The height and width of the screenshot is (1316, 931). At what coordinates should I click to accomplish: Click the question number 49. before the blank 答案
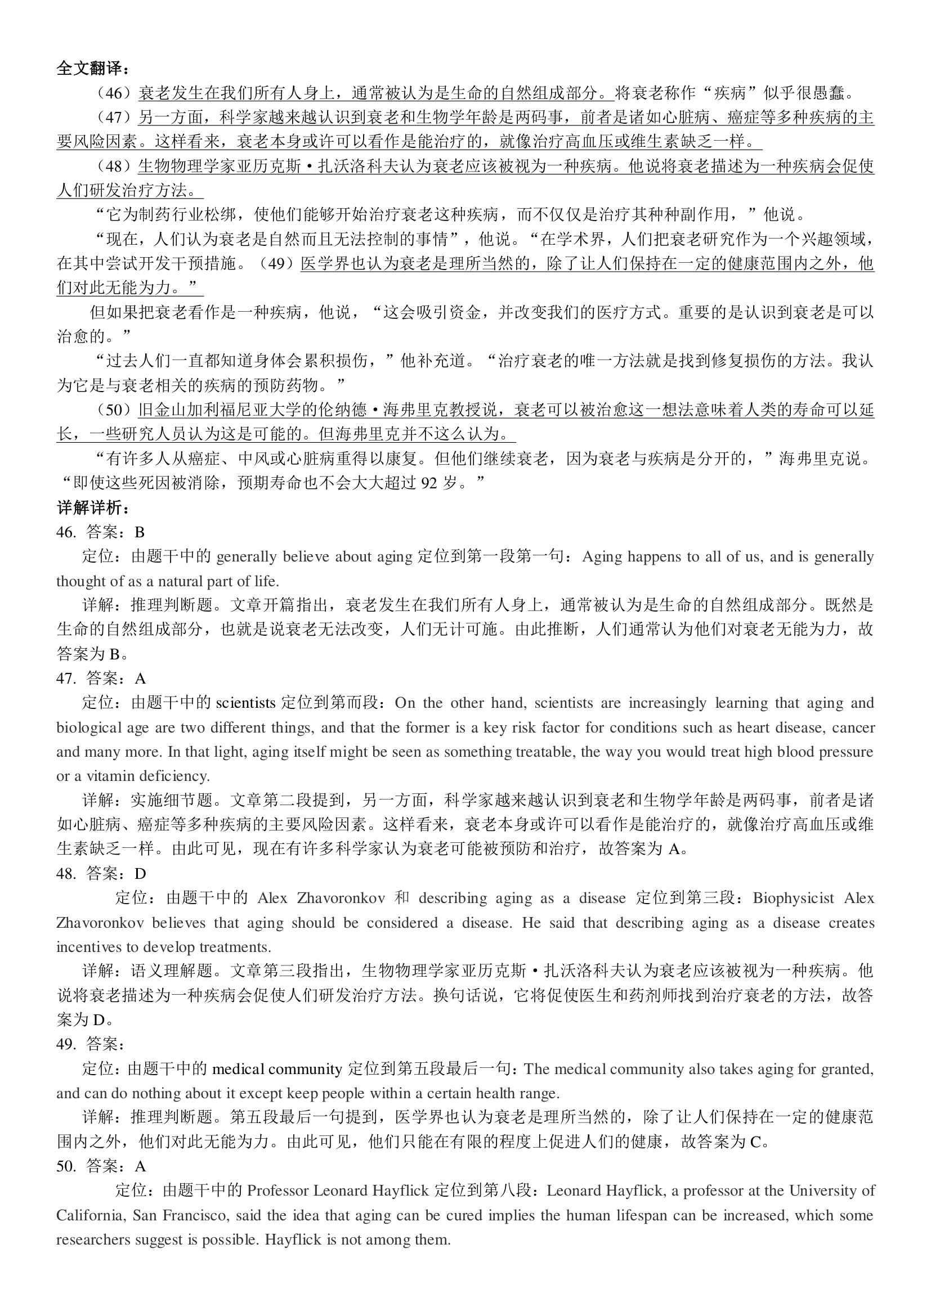[x=66, y=1045]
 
